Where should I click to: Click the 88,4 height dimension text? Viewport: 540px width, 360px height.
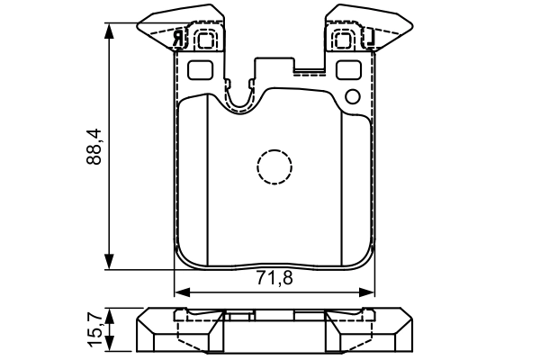click(94, 147)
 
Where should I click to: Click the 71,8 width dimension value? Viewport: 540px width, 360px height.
click(274, 278)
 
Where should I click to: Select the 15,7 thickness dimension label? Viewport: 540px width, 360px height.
click(94, 329)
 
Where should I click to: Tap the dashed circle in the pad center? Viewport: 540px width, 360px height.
click(274, 167)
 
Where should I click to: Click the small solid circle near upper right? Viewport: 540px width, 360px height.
click(353, 97)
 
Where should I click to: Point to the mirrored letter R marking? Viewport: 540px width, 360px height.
click(179, 39)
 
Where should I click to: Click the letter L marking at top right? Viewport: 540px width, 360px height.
click(369, 38)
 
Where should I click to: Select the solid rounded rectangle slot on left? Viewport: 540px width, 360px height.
click(200, 70)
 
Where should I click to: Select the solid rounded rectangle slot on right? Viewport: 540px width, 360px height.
click(348, 69)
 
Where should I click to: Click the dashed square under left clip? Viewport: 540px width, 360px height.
click(207, 40)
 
